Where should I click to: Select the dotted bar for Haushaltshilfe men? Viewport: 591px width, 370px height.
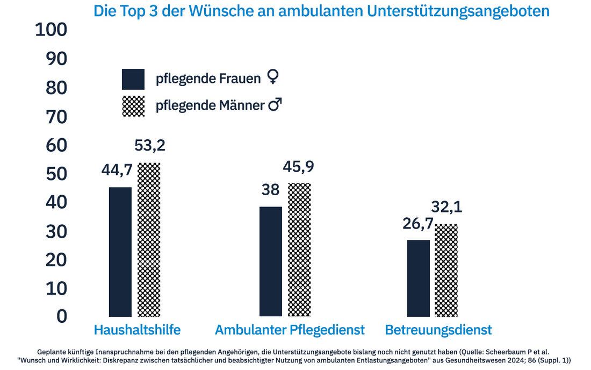[149, 240]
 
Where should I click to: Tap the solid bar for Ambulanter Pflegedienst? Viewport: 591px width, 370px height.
[270, 261]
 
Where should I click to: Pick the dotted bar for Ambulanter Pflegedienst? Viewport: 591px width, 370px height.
[299, 250]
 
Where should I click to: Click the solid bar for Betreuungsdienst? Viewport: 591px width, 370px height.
[418, 278]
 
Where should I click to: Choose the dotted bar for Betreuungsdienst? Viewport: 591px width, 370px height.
[446, 270]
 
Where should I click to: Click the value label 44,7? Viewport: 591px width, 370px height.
[117, 170]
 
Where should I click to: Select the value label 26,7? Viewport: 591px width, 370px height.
[417, 223]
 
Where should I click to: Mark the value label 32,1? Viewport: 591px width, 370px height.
[446, 207]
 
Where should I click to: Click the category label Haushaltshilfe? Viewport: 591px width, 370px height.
[137, 330]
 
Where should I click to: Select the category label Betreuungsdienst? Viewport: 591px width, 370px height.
[438, 330]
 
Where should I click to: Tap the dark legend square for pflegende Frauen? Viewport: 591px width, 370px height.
[133, 79]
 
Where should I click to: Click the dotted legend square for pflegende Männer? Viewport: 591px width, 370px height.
[133, 105]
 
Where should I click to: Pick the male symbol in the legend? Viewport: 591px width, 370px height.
[275, 105]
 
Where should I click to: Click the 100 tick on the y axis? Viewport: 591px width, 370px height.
[51, 30]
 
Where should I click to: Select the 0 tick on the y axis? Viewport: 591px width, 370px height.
[62, 316]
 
